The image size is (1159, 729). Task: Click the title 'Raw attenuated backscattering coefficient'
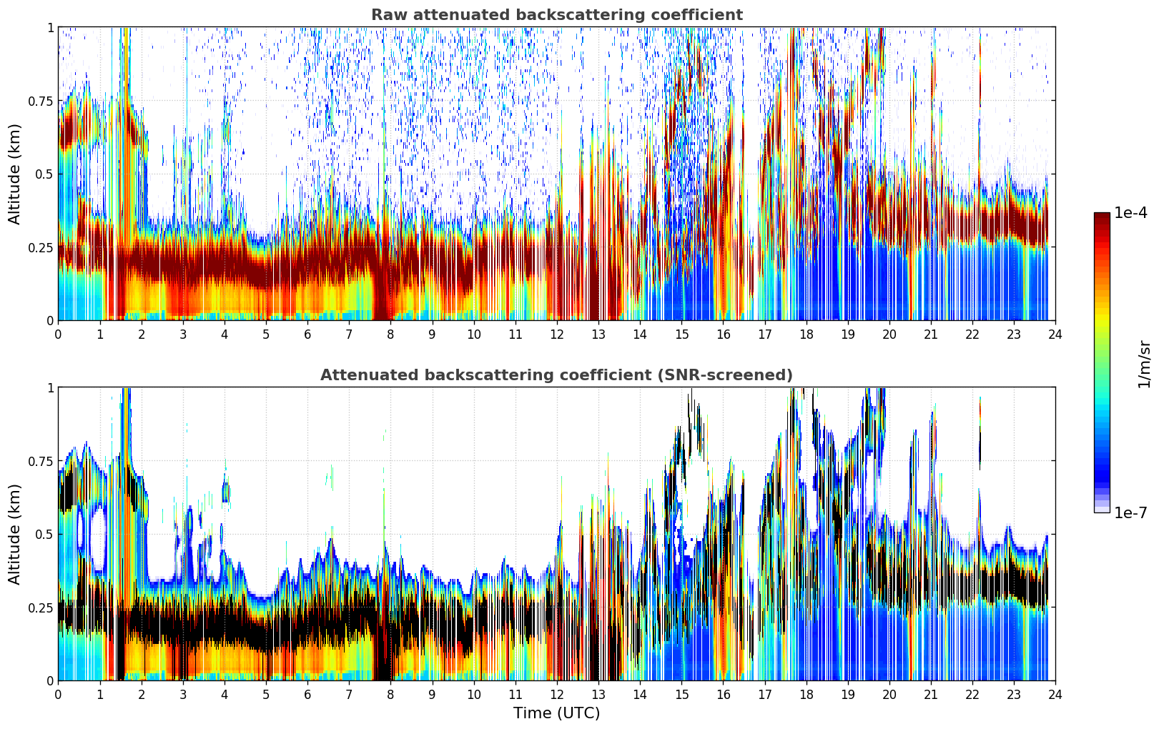pos(557,14)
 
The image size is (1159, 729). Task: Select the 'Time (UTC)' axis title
pos(557,713)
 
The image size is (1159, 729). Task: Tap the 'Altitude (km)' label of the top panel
pos(14,174)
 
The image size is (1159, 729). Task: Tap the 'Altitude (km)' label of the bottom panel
pos(14,535)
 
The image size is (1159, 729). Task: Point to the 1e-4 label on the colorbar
pos(1131,212)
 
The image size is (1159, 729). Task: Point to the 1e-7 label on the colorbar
pos(1131,513)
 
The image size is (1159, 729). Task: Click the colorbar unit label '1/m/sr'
pos(1145,364)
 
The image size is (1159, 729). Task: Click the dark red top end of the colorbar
pos(1102,215)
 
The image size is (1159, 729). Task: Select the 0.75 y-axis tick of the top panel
pos(40,101)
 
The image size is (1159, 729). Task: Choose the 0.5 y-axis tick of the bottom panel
pos(44,534)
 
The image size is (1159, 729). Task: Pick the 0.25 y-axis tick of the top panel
pos(40,248)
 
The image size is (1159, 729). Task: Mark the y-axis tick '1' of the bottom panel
pos(50,387)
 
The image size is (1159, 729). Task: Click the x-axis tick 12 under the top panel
pos(557,334)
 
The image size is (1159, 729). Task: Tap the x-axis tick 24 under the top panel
pos(1055,334)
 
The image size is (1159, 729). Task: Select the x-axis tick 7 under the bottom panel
pos(349,695)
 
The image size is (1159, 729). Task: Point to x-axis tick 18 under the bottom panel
pos(806,695)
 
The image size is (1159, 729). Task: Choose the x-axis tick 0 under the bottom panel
pos(58,695)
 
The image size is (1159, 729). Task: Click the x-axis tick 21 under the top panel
pos(931,334)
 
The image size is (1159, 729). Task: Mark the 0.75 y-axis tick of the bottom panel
pos(40,461)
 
